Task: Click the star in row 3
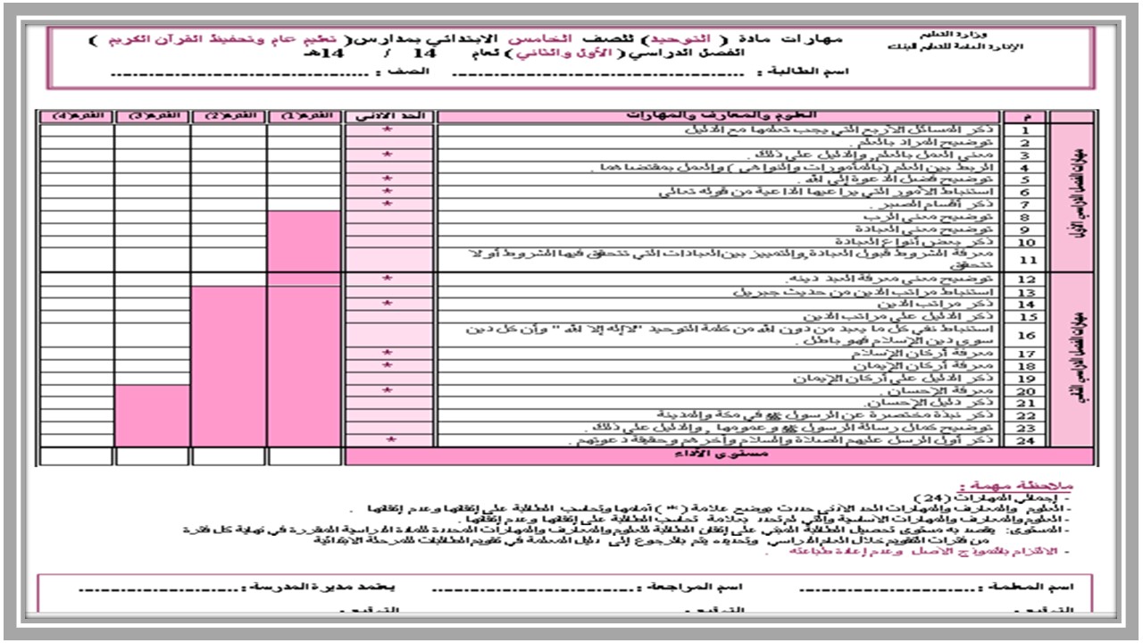tap(388, 154)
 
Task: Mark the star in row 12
tap(388, 279)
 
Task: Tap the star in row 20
tap(388, 391)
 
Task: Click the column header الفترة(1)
tap(305, 116)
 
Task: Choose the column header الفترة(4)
tap(77, 116)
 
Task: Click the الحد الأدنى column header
tap(389, 116)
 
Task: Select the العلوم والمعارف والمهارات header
tap(719, 116)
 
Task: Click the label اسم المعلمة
tap(1028, 588)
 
